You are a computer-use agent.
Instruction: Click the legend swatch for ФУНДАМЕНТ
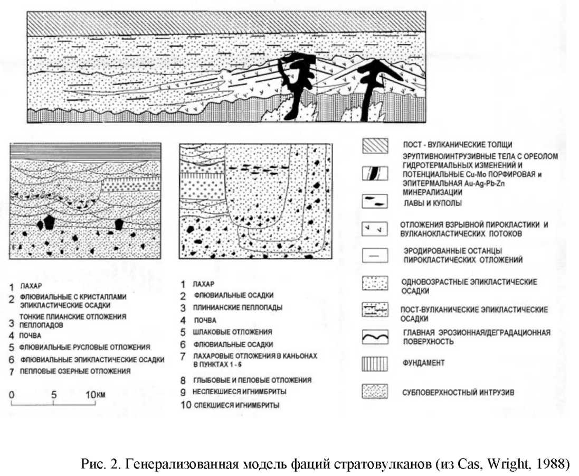375,363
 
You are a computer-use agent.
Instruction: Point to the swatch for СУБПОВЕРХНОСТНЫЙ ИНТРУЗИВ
375,391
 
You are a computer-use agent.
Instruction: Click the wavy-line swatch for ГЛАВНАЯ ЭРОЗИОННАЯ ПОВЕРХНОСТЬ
375,337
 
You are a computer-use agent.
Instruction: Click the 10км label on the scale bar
97,395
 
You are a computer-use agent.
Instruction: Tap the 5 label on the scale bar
54,395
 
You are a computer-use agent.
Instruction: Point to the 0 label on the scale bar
12,395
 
